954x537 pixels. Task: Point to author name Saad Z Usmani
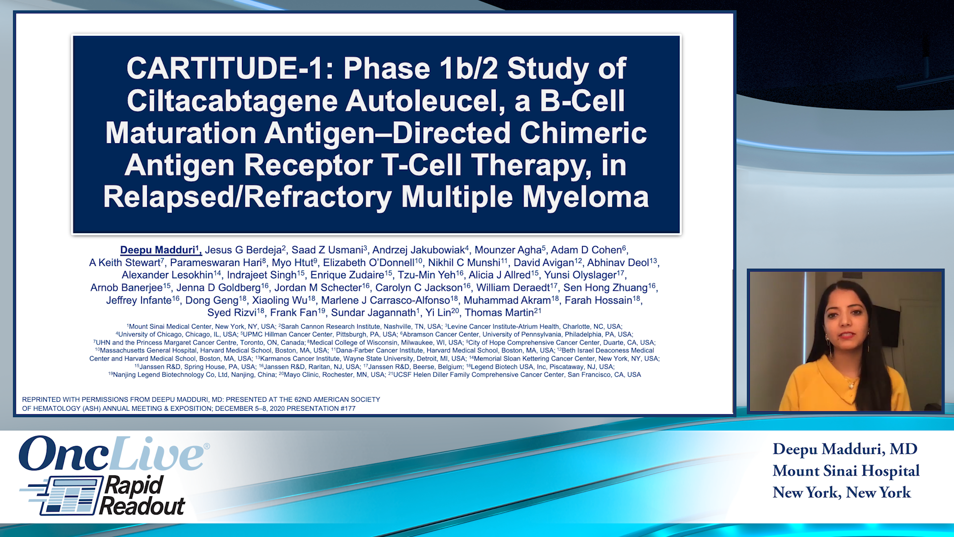coord(328,250)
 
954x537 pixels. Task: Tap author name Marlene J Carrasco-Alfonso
coord(385,300)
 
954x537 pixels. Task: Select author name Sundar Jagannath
coord(373,313)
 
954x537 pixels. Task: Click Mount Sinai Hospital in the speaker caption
coord(846,471)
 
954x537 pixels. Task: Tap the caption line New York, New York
coord(841,493)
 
